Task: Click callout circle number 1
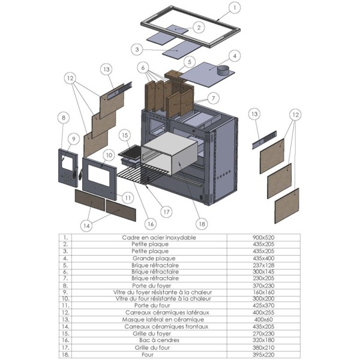(x=235, y=8)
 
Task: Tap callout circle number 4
(x=235, y=56)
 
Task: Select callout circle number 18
(x=202, y=224)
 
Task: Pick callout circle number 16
(x=151, y=224)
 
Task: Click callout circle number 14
(x=86, y=226)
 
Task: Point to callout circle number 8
(x=64, y=118)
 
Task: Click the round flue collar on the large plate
(x=223, y=70)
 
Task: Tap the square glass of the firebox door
(x=67, y=163)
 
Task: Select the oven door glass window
(x=99, y=175)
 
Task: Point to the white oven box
(x=169, y=154)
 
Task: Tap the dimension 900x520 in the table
(x=263, y=238)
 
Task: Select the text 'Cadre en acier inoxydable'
(x=159, y=238)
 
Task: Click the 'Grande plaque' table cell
(x=154, y=258)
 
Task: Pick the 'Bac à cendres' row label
(x=160, y=340)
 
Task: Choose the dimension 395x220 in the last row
(x=263, y=355)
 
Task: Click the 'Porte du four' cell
(x=152, y=305)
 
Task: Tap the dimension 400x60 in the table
(x=263, y=319)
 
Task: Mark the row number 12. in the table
(x=65, y=313)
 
